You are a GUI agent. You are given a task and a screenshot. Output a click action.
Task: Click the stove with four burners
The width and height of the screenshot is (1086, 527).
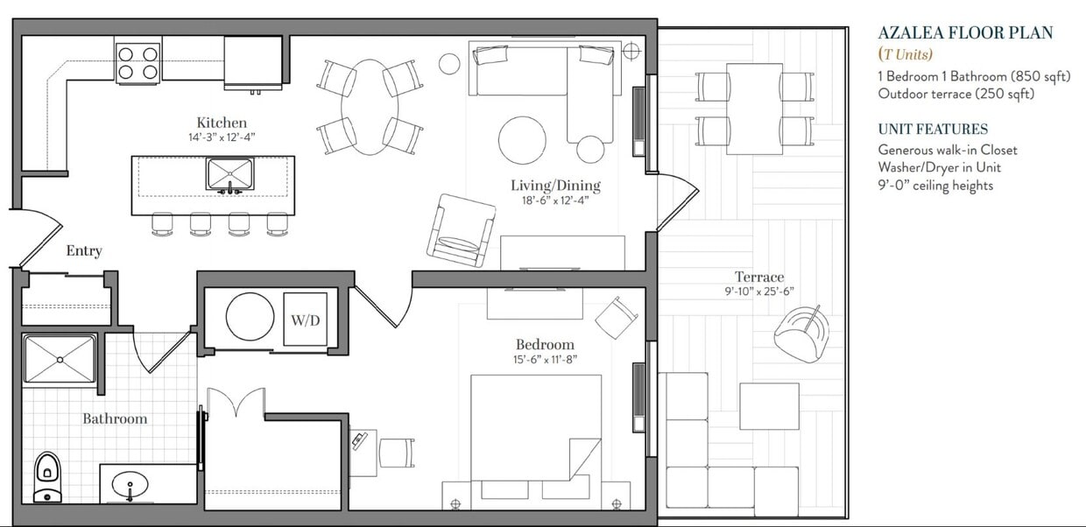click(138, 63)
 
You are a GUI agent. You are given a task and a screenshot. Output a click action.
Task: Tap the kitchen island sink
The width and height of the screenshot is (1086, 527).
click(229, 174)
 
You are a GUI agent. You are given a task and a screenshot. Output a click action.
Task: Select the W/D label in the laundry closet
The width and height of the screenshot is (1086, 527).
click(305, 320)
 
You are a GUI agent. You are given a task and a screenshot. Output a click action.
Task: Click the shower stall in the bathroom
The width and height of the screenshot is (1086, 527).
click(60, 359)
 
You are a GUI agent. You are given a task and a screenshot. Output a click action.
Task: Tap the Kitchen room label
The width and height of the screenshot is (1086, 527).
click(222, 123)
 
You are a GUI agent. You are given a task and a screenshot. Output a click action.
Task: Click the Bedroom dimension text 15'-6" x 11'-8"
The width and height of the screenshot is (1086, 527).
click(545, 359)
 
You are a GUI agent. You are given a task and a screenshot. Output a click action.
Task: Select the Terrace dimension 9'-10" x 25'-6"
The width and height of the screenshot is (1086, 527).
click(759, 292)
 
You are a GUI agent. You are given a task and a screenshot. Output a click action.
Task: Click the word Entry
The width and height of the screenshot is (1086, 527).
click(84, 251)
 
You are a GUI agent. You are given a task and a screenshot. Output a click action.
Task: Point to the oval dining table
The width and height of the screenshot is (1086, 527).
click(370, 107)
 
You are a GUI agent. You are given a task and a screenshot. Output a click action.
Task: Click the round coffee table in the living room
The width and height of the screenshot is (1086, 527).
click(522, 139)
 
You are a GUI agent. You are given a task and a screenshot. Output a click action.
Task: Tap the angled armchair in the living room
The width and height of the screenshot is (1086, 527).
click(460, 229)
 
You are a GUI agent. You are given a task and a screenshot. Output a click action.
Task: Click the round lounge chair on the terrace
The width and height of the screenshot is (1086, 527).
click(800, 333)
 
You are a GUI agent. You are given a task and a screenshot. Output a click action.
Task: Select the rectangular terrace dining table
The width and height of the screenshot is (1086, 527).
click(754, 109)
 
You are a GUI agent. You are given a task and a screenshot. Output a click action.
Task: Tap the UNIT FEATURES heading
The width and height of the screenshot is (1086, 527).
click(933, 129)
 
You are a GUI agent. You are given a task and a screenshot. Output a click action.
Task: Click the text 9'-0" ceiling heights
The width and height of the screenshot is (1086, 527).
click(935, 185)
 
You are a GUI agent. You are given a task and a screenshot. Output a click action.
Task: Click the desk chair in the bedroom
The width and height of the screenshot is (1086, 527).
click(397, 453)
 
